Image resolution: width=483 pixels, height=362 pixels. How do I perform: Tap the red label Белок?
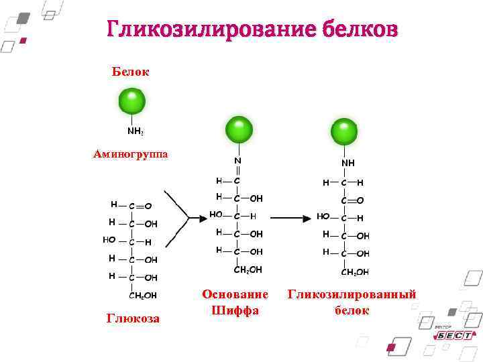point(131,71)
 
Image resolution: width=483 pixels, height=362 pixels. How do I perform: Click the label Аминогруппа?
point(131,154)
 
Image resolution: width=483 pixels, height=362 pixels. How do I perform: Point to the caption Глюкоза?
point(133,318)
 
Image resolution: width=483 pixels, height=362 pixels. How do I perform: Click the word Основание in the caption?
point(235,294)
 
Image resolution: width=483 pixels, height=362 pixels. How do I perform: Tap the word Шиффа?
point(235,310)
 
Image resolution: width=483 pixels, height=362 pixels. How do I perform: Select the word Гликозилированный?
point(352,294)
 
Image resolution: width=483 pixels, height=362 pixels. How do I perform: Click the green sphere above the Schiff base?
point(239,129)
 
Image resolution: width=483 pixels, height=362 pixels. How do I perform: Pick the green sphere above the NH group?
point(345,131)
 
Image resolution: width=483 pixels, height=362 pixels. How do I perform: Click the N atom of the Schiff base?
point(237,161)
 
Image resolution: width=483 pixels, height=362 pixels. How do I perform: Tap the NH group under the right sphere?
point(348,163)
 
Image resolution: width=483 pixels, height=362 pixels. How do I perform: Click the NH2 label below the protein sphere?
point(136,131)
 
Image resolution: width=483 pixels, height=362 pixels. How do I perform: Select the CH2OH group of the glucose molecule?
point(143,295)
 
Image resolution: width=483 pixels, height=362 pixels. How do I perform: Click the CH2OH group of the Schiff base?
point(248,269)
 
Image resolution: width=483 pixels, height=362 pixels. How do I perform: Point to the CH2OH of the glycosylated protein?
point(355,272)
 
